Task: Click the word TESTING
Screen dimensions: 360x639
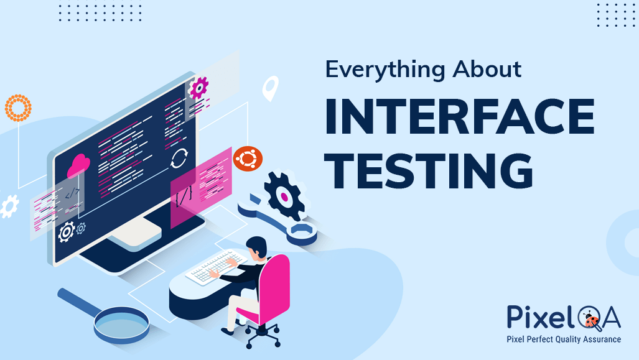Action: tap(429, 169)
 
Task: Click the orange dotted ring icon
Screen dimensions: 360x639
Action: tap(17, 108)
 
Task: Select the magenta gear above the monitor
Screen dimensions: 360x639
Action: tap(198, 88)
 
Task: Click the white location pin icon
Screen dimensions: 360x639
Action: tap(270, 88)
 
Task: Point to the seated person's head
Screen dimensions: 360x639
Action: tap(256, 247)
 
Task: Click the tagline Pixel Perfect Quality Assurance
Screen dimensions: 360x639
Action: tap(564, 339)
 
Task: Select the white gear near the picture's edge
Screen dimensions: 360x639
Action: tap(9, 206)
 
